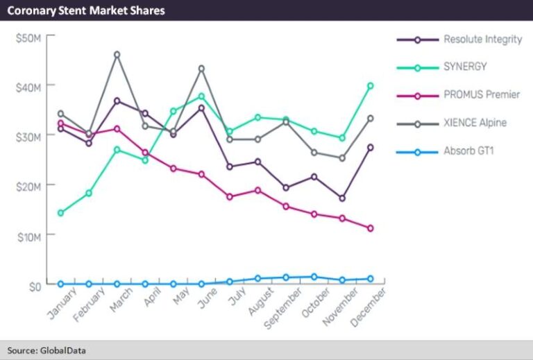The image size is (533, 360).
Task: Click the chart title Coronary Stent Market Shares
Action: [86, 11]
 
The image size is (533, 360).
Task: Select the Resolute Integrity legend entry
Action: [482, 40]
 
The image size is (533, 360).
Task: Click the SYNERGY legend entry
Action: [465, 67]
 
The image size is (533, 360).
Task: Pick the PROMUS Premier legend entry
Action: [482, 95]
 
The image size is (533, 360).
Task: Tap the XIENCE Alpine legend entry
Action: [475, 123]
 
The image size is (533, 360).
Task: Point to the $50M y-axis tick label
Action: [28, 37]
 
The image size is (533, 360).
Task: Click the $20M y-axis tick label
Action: [28, 186]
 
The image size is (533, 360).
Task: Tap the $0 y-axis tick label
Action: [34, 284]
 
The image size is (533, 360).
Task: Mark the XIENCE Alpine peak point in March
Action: [117, 54]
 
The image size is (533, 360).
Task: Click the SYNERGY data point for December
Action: [371, 86]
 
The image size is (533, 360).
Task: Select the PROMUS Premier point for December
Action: [371, 228]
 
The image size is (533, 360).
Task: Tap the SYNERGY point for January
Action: [60, 213]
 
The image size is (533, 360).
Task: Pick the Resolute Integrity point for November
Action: [342, 198]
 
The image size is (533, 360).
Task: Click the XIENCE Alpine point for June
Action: [201, 68]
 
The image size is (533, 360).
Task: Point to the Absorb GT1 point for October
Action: [314, 277]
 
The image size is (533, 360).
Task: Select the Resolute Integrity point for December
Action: [371, 148]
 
